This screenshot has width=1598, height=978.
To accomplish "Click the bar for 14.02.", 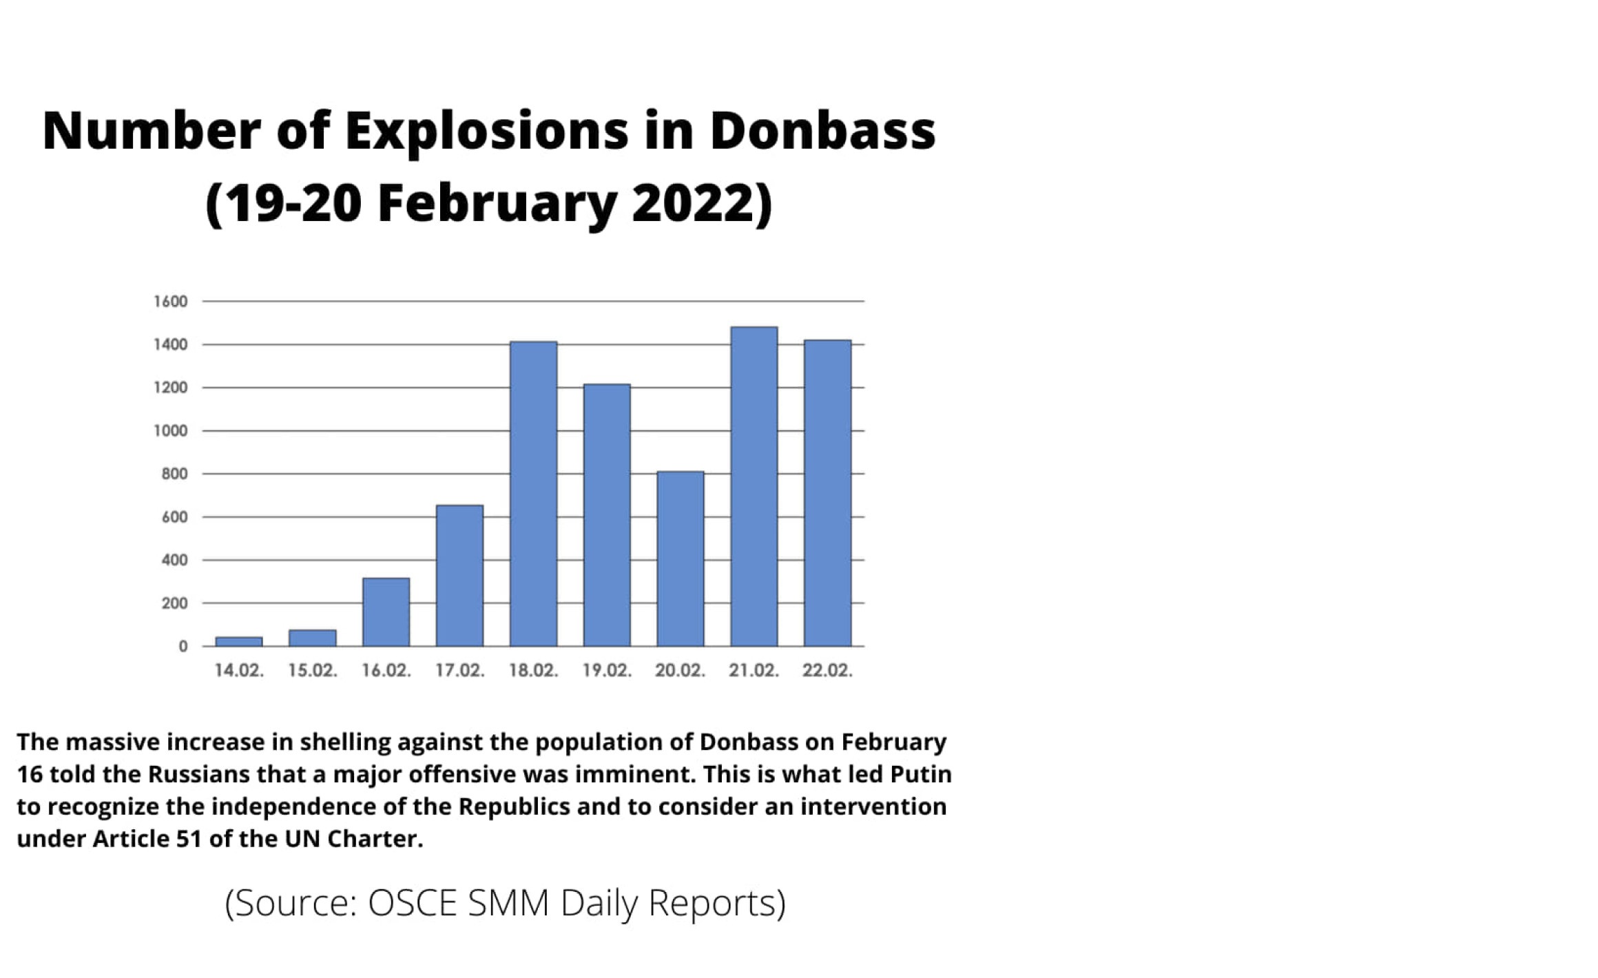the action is (x=239, y=641).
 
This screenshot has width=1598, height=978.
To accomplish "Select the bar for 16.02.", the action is (x=386, y=612).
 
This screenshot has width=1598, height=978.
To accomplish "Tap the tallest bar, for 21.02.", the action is (x=754, y=486).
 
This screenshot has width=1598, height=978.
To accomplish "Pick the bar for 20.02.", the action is (x=681, y=559).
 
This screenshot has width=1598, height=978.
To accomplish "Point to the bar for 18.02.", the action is (x=534, y=494).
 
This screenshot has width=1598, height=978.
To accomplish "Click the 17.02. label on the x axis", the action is (x=460, y=670).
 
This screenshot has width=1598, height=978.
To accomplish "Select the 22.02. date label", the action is (x=827, y=670).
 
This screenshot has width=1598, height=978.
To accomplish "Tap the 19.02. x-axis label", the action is (x=607, y=670).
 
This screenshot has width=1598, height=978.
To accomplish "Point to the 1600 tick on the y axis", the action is (x=170, y=302).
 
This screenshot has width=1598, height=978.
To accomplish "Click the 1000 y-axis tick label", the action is (x=170, y=431).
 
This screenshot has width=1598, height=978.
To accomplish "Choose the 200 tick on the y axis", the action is (x=174, y=603).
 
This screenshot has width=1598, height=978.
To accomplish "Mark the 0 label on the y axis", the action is (x=183, y=646).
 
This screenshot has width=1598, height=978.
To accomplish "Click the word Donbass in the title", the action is (x=822, y=130).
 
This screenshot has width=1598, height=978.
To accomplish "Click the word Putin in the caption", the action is (x=920, y=774).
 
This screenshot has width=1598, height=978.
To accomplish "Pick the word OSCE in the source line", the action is (x=413, y=903).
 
